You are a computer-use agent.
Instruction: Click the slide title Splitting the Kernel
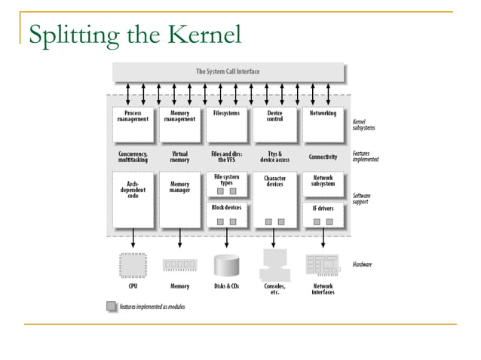135,34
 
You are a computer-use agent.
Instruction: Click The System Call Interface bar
228,72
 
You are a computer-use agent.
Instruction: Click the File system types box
226,185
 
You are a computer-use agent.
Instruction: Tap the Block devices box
226,215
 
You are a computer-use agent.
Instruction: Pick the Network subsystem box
323,185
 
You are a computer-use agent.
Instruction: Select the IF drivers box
323,215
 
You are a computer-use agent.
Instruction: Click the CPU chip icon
133,265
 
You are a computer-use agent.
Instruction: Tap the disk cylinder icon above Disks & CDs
226,265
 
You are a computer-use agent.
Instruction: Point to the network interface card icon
322,265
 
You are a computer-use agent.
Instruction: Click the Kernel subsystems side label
364,124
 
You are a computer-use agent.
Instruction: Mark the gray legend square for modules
112,307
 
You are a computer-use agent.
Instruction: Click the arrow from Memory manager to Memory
179,239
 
